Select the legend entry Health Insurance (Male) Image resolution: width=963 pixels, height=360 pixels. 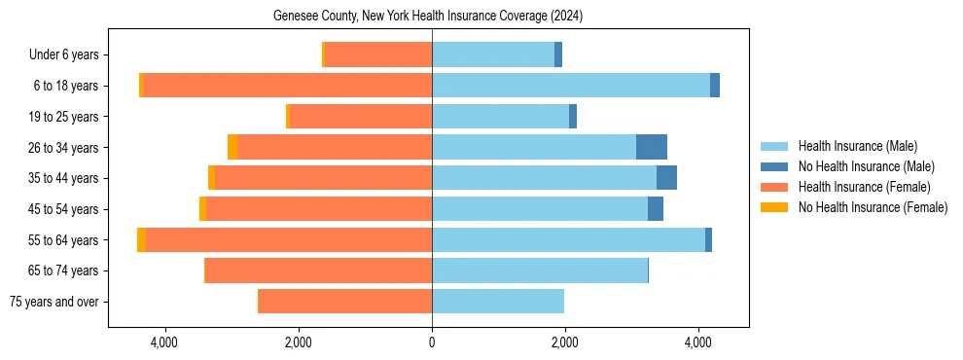pyautogui.click(x=857, y=146)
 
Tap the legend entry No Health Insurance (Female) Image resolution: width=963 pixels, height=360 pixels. pyautogui.click(x=873, y=207)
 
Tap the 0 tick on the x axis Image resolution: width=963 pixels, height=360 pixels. pyautogui.click(x=432, y=342)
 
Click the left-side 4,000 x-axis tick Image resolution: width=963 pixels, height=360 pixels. pyautogui.click(x=164, y=342)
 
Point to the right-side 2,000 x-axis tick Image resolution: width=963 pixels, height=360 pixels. pyautogui.click(x=565, y=342)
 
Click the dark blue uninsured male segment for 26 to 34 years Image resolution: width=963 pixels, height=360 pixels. pyautogui.click(x=652, y=147)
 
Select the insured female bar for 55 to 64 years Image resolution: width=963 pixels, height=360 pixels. pyautogui.click(x=289, y=239)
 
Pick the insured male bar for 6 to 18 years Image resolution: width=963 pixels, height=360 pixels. pyautogui.click(x=571, y=86)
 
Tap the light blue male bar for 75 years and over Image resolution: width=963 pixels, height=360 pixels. pyautogui.click(x=498, y=302)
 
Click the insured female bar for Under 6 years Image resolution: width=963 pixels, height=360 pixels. pyautogui.click(x=378, y=54)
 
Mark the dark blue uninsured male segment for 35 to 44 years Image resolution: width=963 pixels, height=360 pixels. pyautogui.click(x=666, y=178)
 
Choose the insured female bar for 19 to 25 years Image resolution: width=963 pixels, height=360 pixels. pyautogui.click(x=361, y=117)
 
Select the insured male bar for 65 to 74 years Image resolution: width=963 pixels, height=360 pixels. pyautogui.click(x=540, y=270)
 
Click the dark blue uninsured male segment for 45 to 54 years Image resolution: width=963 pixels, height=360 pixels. pyautogui.click(x=656, y=209)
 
